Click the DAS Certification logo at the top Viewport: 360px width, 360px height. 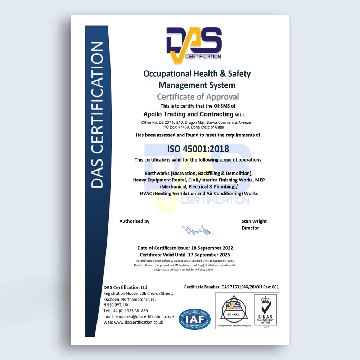coord(194,45)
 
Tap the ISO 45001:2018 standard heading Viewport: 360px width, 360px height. coord(198,149)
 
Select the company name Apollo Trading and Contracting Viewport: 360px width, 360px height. coord(188,114)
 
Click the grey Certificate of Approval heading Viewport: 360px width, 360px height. coord(198,96)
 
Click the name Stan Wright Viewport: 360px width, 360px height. coord(254,221)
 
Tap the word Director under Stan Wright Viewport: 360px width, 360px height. coord(250,228)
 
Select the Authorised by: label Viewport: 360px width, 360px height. coord(135,221)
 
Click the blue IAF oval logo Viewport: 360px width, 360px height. coord(195,319)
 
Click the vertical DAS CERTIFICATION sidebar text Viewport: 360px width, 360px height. coord(97,115)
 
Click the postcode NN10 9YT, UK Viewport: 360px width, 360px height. coord(116,305)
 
